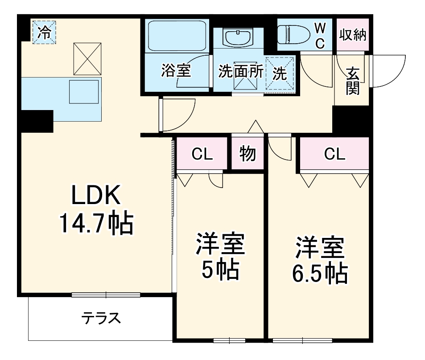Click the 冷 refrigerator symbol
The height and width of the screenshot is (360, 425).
(44, 32)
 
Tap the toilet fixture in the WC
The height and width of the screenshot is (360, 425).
(293, 34)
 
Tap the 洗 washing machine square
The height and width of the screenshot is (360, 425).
(280, 73)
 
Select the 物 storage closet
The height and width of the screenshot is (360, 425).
(248, 153)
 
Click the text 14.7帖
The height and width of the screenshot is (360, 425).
(96, 223)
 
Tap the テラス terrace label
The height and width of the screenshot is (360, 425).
(101, 318)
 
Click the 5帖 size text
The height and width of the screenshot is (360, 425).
(220, 269)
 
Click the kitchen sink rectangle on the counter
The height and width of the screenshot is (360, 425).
(83, 92)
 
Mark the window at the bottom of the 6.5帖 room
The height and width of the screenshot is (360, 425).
(303, 341)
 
